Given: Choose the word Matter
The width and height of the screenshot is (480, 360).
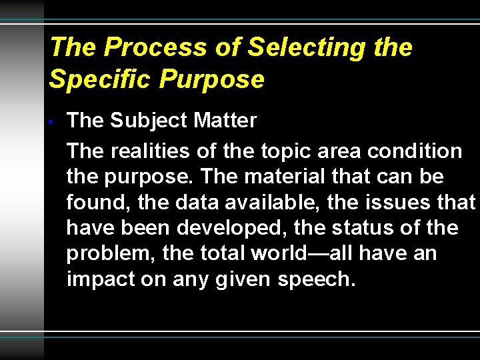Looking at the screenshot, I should pos(225,121).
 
